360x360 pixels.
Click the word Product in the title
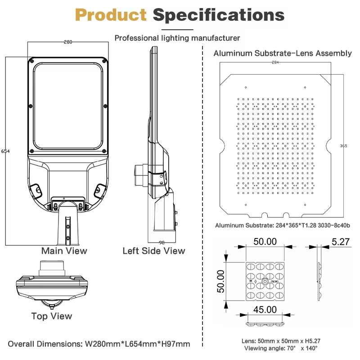coord(111,15)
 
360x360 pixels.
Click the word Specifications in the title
coord(219,15)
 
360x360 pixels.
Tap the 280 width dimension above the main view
coord(68,42)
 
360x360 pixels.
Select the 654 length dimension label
coord(5,151)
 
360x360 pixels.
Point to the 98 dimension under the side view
coord(162,243)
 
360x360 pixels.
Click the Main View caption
coord(64,251)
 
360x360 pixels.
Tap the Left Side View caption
coord(154,251)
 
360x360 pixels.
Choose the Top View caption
coord(52,316)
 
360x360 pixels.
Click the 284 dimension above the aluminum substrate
coord(275,62)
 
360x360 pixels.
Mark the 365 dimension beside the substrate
coord(343,146)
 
